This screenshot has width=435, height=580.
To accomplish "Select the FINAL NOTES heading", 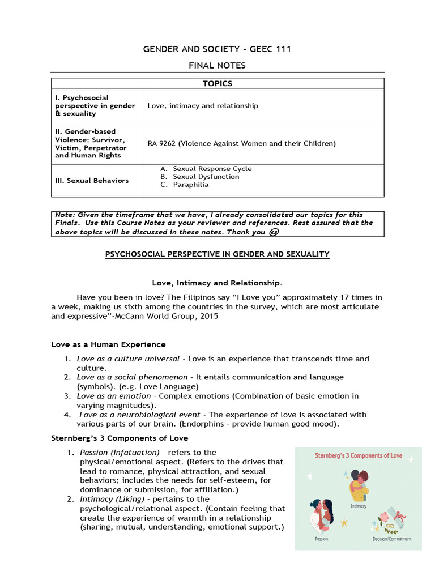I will pyautogui.click(x=217, y=66).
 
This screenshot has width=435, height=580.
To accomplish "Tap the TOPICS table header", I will pyautogui.click(x=217, y=83).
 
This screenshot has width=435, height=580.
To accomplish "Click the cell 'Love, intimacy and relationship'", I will pyautogui.click(x=203, y=106).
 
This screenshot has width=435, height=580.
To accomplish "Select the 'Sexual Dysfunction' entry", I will pyautogui.click(x=206, y=177).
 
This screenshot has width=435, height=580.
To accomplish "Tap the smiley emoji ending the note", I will pyautogui.click(x=274, y=232).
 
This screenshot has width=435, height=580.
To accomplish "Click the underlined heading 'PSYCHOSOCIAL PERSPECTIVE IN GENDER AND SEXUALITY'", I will pyautogui.click(x=217, y=254).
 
